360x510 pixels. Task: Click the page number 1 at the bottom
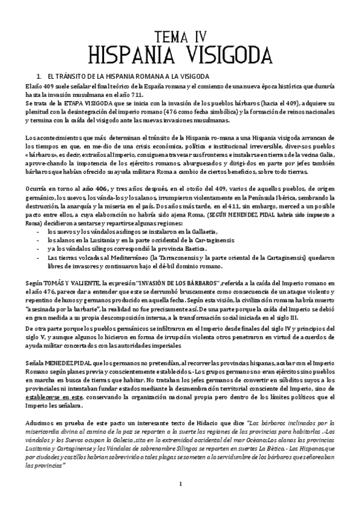pyautogui.click(x=180, y=484)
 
